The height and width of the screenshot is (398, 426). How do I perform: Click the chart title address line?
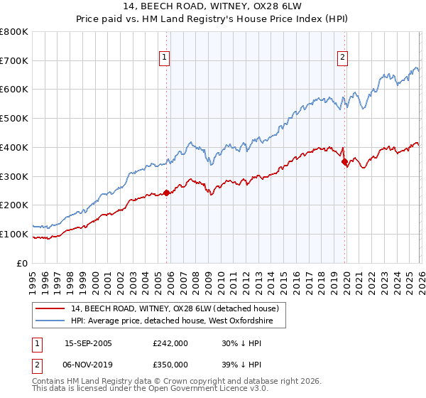click(213, 7)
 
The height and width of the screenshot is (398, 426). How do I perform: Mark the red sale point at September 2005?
click(167, 193)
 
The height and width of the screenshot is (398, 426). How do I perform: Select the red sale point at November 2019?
click(344, 162)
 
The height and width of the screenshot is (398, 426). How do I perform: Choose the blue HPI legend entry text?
click(177, 321)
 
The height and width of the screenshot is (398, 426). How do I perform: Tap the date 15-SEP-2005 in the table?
click(88, 343)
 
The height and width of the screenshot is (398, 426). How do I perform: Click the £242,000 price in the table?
click(170, 343)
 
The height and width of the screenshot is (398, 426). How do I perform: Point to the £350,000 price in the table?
click(170, 364)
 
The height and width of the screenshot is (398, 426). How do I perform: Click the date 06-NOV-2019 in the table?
click(89, 364)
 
